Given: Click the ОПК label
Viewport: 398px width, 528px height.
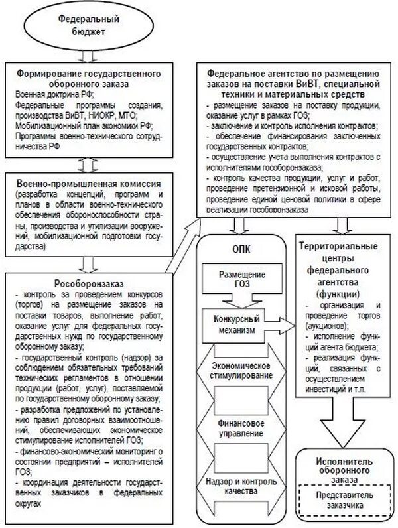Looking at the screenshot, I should (241, 249).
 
